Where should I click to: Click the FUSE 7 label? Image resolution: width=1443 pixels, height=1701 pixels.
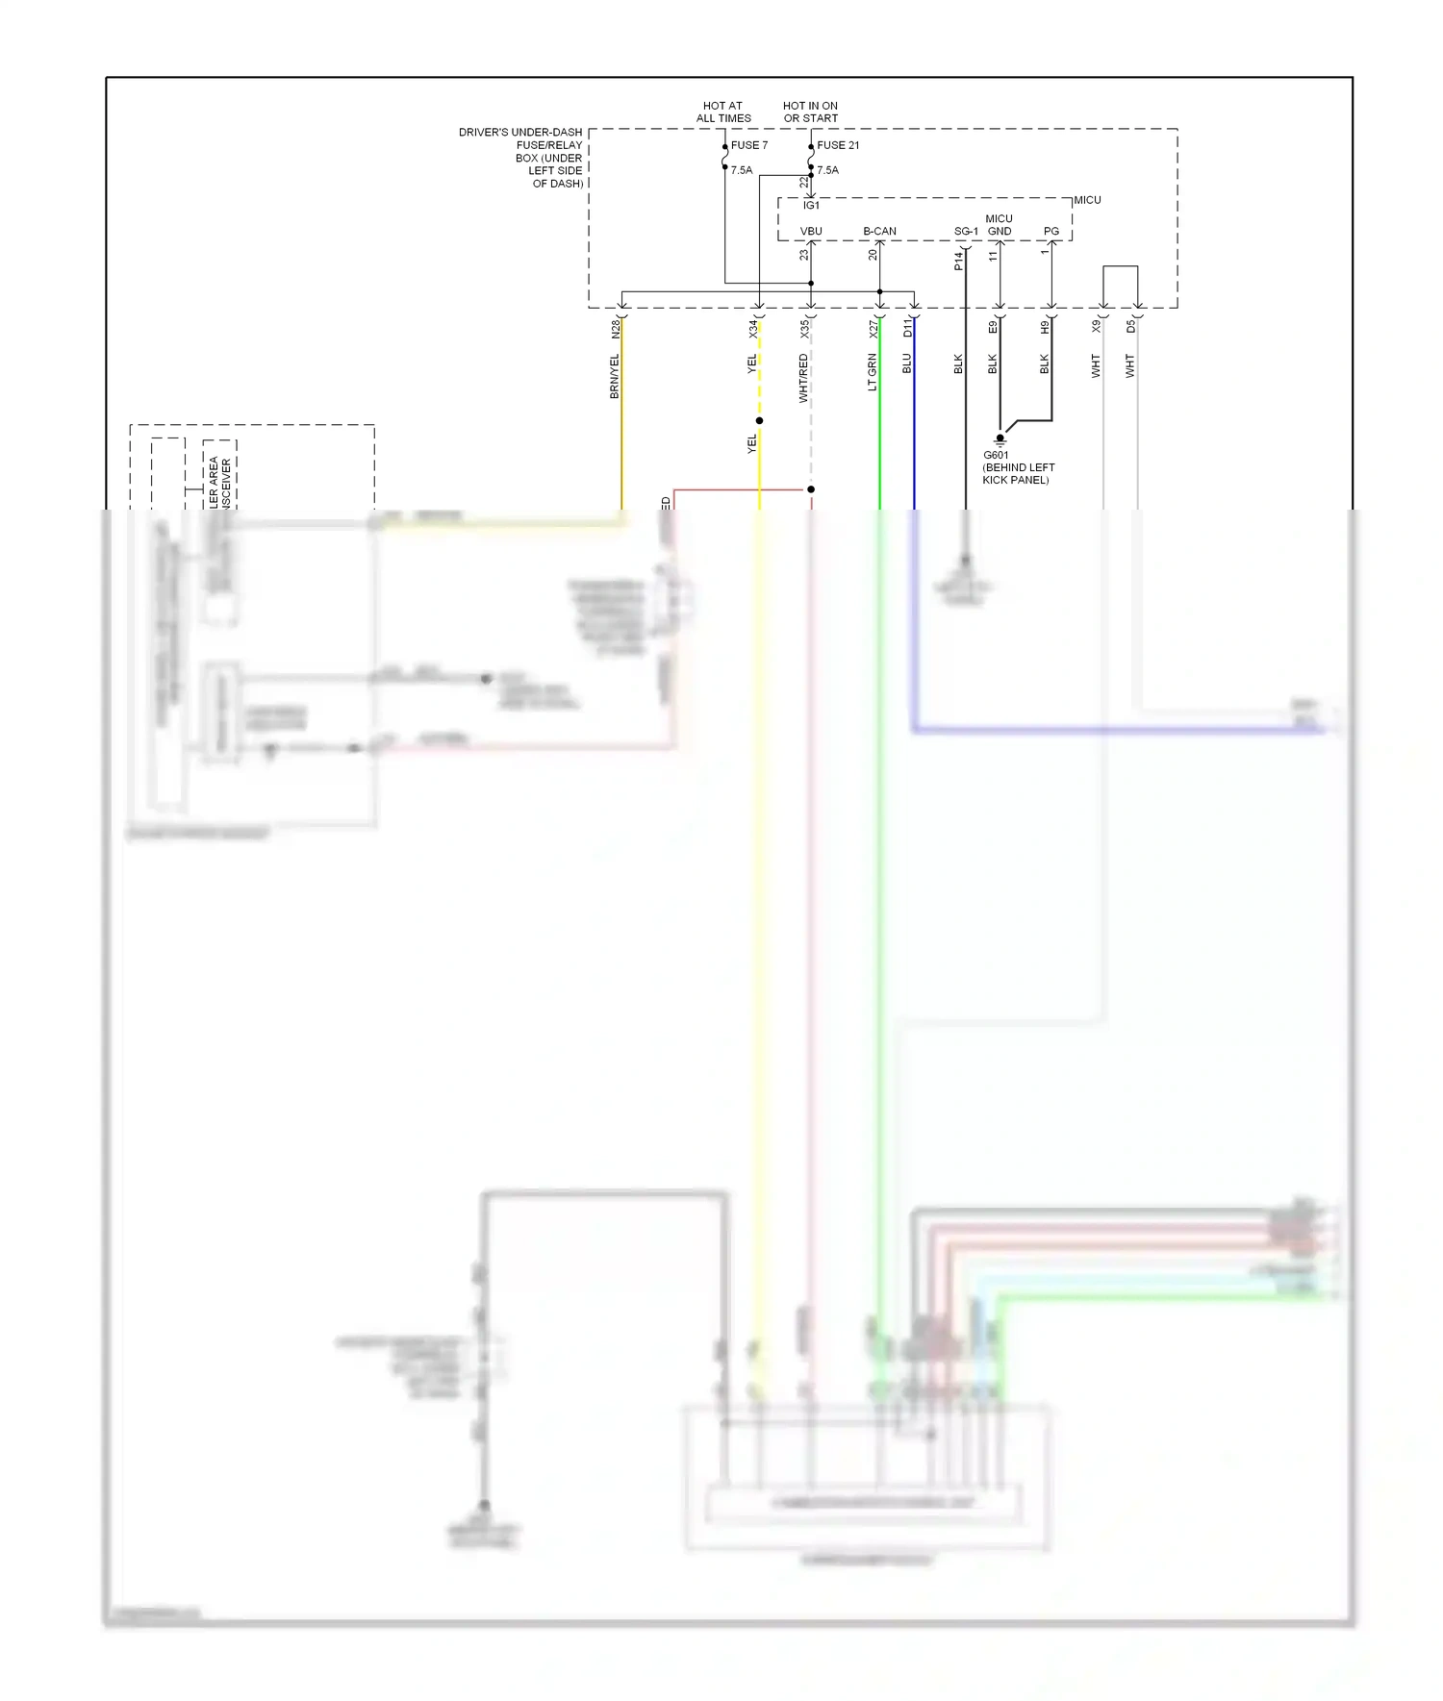click(748, 145)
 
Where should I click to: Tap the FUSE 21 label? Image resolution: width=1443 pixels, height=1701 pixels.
click(837, 145)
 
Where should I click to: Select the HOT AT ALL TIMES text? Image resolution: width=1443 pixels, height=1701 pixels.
click(723, 113)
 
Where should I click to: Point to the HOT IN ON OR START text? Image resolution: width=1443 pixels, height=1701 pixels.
click(810, 113)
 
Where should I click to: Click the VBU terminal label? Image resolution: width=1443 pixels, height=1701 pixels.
click(811, 232)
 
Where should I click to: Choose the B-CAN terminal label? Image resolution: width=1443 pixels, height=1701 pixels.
click(879, 232)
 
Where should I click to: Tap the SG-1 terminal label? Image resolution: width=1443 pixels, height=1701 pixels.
click(966, 232)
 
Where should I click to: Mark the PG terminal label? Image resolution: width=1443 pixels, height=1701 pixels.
click(1051, 232)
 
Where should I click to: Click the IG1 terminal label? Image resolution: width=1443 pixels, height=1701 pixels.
click(811, 206)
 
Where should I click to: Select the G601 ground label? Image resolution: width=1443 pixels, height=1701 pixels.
click(996, 455)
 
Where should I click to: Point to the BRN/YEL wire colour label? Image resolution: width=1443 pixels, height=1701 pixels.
click(615, 376)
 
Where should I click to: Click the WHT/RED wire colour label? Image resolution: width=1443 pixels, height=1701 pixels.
click(803, 378)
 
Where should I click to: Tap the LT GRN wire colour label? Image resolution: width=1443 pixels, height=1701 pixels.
click(873, 372)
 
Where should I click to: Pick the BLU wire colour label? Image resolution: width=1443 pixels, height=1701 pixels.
click(906, 363)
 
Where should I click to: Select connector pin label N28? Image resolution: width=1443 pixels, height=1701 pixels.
click(616, 329)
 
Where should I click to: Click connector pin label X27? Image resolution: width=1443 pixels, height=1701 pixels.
click(873, 329)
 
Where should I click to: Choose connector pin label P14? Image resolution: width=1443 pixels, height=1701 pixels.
click(959, 261)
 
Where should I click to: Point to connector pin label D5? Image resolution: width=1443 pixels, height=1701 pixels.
click(1131, 327)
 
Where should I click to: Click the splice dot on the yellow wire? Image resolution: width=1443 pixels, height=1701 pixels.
click(759, 420)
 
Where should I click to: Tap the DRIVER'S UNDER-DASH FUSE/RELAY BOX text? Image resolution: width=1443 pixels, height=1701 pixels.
click(520, 158)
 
